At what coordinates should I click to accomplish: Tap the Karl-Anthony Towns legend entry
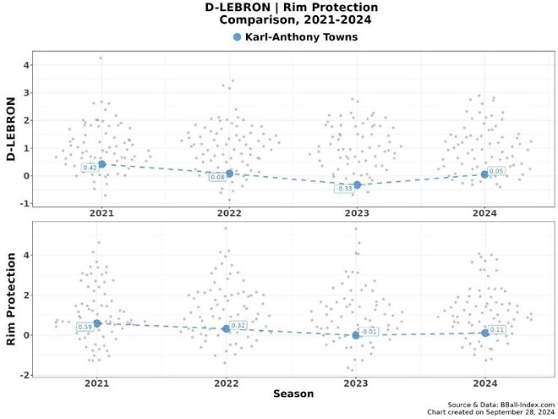click(300, 37)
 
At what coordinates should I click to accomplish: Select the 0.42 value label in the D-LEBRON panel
click(90, 168)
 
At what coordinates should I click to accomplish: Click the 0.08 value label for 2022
click(217, 177)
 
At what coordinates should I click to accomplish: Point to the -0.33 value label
click(344, 189)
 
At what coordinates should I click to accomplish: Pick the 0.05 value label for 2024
click(496, 171)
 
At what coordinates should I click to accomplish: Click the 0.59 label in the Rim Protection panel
click(85, 327)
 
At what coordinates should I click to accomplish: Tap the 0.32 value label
click(238, 325)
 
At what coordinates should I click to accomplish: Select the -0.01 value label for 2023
click(369, 332)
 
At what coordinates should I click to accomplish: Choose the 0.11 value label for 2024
click(497, 329)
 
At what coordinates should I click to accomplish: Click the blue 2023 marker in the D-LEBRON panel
click(357, 185)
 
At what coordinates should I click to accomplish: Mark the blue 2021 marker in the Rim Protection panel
click(97, 323)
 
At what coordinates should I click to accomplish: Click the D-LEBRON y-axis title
click(12, 129)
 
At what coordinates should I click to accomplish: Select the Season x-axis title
click(293, 394)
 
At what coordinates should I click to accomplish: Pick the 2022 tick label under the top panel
click(227, 214)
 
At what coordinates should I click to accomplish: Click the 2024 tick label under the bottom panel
click(485, 383)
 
